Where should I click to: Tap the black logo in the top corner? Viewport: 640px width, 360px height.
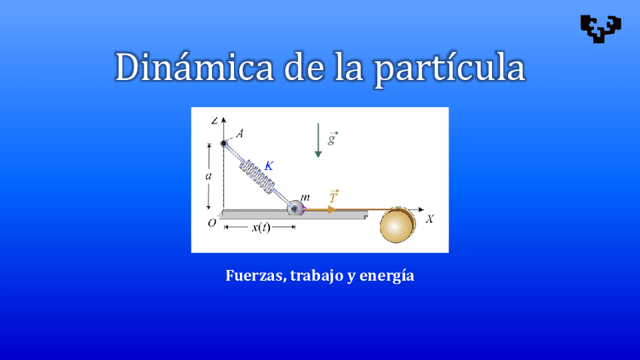click(601, 27)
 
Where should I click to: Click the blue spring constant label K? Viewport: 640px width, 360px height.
click(269, 165)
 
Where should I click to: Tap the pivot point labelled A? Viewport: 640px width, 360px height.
click(224, 143)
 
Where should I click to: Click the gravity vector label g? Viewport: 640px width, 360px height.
click(332, 138)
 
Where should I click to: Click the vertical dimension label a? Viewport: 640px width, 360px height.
click(208, 175)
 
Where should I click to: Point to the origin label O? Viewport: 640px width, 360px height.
click(212, 223)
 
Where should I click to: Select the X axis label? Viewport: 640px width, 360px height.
click(429, 219)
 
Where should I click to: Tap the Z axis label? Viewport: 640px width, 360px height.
click(215, 120)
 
